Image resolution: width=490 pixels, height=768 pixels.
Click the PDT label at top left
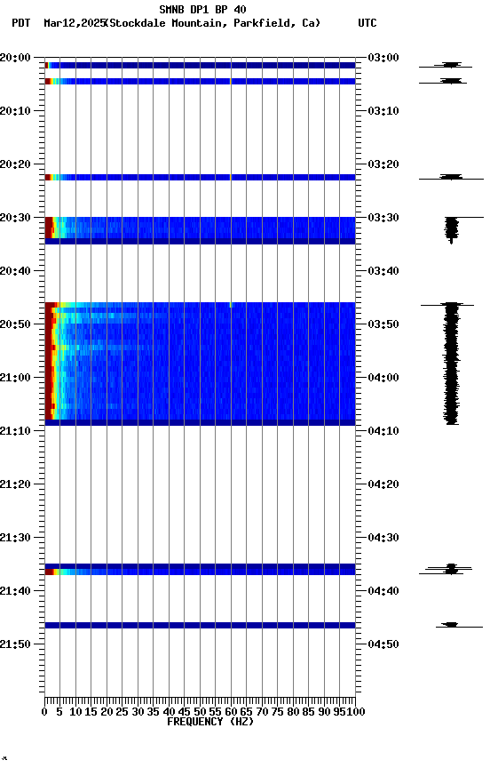[20, 23]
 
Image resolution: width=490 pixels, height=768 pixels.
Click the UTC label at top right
[367, 23]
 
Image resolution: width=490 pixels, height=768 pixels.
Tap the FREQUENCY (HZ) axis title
[209, 722]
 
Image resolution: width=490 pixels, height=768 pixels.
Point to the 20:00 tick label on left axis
[15, 58]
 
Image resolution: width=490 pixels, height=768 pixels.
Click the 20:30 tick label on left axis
[15, 218]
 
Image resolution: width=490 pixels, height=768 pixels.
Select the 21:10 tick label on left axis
[15, 431]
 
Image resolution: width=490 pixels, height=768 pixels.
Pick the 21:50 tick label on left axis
[15, 644]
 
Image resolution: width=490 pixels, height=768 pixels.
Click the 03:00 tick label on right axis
[382, 58]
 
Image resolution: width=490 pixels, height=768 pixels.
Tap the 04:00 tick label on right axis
[382, 378]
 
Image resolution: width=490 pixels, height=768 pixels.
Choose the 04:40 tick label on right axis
[382, 591]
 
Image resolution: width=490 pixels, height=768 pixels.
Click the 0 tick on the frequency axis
[44, 712]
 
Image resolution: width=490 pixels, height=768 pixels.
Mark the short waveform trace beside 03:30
[452, 228]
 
